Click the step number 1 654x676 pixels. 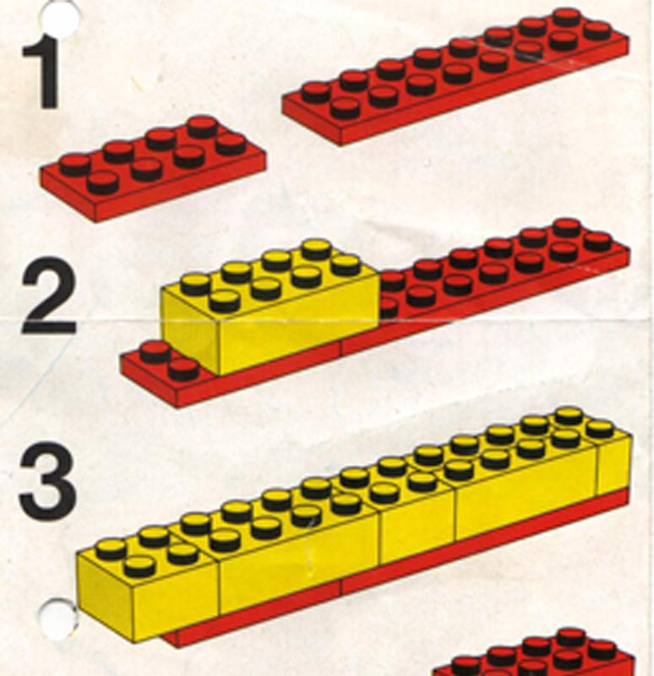coord(41,74)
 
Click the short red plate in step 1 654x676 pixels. coord(153,169)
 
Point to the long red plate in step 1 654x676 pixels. coord(455,77)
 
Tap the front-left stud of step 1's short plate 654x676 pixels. coord(102,183)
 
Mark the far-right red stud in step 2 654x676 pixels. coord(598,242)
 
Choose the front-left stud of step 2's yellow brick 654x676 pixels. coord(225,301)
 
